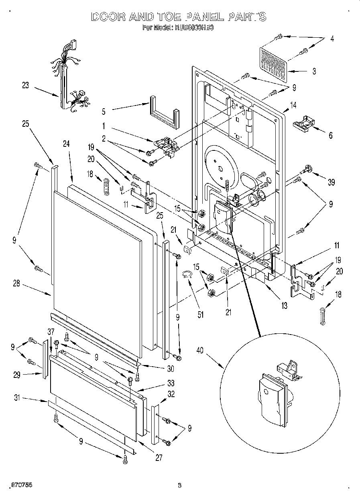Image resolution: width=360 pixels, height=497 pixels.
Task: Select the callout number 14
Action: [x=293, y=105]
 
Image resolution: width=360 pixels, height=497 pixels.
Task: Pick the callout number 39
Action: [x=331, y=183]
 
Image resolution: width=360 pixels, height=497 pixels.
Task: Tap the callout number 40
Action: [x=199, y=351]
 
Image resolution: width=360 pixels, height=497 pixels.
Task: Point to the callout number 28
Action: [x=16, y=284]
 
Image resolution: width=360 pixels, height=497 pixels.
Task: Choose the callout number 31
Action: [x=16, y=398]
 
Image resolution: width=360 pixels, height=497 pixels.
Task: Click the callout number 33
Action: [x=171, y=383]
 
